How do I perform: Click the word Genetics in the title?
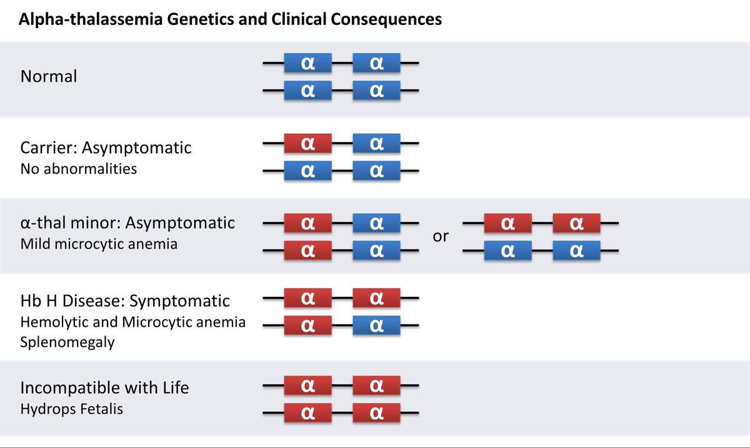[x=187, y=20]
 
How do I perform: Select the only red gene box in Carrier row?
[x=307, y=143]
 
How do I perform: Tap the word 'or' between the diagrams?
[x=441, y=237]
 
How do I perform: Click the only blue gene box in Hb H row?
[x=376, y=325]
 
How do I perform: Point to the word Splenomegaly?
[x=67, y=342]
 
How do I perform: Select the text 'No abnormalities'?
[x=78, y=168]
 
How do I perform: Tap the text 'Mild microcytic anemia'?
[x=99, y=244]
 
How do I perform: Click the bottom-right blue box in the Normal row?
[x=376, y=90]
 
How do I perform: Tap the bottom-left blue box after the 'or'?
[x=508, y=251]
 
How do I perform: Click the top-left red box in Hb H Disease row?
[x=307, y=298]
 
